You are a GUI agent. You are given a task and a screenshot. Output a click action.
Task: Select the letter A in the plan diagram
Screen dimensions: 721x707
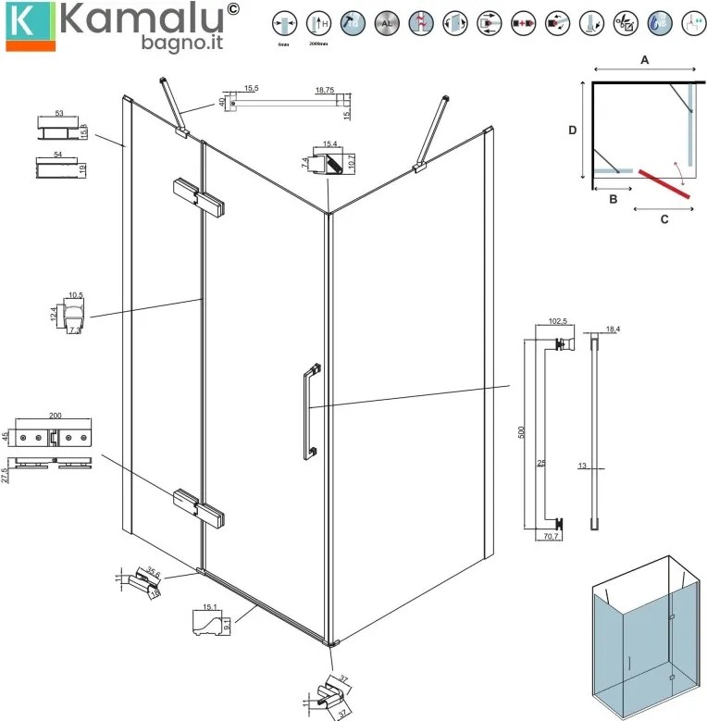click(x=644, y=58)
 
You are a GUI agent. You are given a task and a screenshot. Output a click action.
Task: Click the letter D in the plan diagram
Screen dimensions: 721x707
click(x=573, y=131)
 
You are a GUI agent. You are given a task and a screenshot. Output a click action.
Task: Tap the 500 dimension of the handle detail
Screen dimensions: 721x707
click(x=522, y=432)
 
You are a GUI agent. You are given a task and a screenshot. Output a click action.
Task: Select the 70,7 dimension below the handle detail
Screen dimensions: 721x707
click(x=551, y=535)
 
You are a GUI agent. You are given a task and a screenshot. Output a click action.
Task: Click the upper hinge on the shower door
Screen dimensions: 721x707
click(x=198, y=198)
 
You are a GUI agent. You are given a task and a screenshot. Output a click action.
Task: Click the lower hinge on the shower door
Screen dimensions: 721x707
click(x=198, y=510)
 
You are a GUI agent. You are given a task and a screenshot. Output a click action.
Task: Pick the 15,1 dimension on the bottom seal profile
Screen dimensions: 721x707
click(x=209, y=608)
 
